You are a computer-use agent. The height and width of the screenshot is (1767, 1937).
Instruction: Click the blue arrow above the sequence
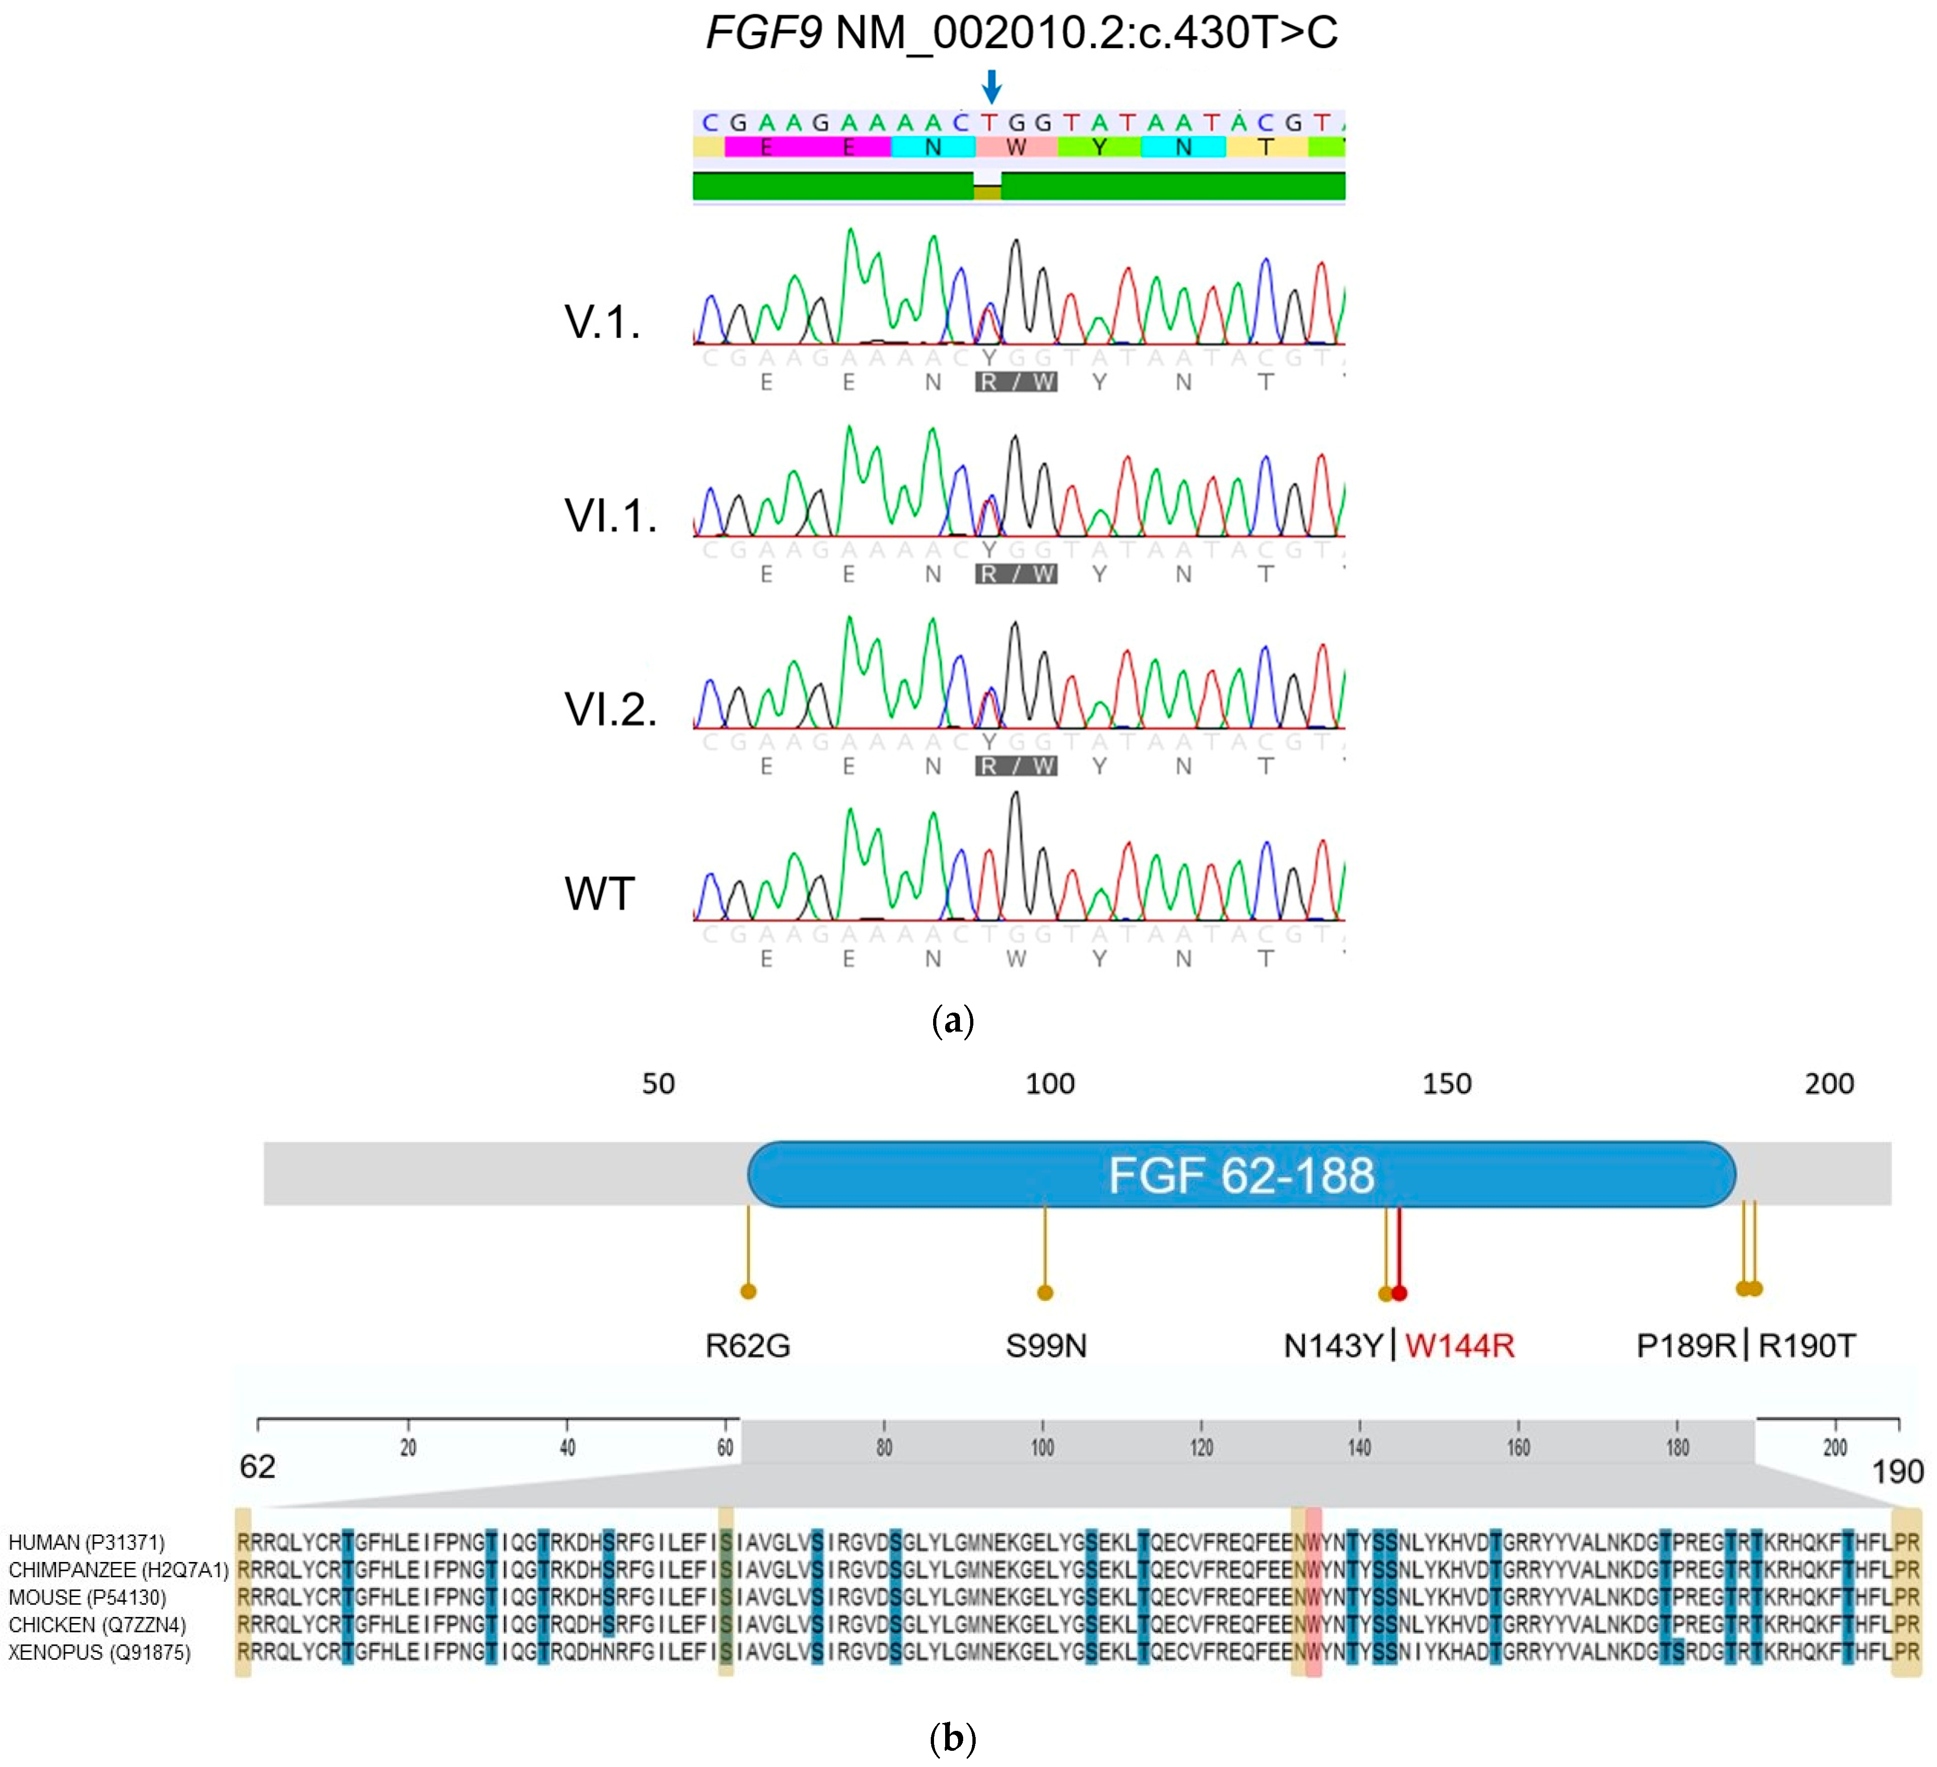(991, 87)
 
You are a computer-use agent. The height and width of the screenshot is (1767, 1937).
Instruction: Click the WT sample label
(599, 894)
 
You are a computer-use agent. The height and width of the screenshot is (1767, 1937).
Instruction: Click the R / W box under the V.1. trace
(1015, 382)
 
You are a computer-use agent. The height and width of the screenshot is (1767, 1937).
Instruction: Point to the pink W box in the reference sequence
(1015, 147)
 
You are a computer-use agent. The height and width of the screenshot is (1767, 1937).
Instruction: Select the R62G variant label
(747, 1345)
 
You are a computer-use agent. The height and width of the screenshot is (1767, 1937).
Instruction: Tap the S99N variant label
(1046, 1345)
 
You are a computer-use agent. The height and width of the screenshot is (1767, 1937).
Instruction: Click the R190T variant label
(1806, 1345)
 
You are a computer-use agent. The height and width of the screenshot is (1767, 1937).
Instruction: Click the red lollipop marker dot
(1400, 1293)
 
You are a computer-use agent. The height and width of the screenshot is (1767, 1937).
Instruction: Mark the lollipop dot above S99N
(1046, 1292)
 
